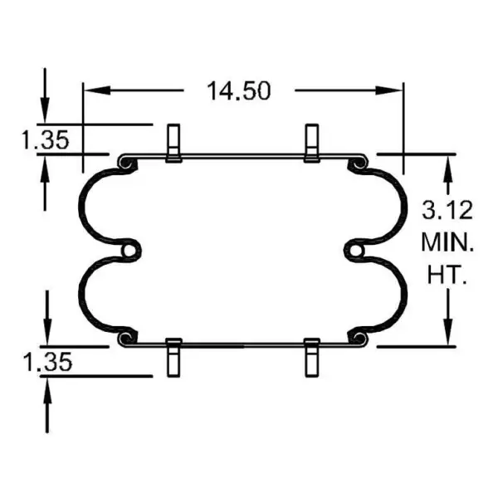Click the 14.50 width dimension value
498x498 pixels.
(239, 90)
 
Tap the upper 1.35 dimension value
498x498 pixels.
(46, 139)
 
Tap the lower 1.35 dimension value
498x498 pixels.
(46, 361)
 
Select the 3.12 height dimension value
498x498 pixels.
(448, 207)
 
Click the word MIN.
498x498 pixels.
(448, 242)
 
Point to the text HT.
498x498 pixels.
(448, 276)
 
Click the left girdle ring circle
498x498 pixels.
(129, 249)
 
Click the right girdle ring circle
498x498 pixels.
(356, 249)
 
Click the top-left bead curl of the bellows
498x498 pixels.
(127, 164)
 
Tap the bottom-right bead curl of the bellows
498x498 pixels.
(359, 336)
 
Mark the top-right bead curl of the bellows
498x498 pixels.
(359, 164)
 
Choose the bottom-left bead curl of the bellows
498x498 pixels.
(127, 336)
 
